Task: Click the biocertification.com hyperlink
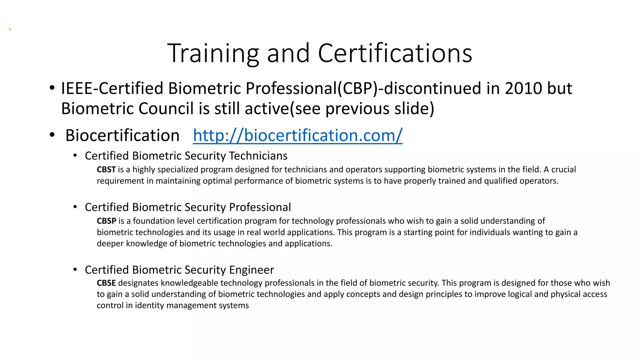[297, 136]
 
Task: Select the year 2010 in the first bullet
[523, 88]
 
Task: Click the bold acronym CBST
[106, 170]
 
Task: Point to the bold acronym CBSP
[107, 221]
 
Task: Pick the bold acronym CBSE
[106, 283]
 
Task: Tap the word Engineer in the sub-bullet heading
[252, 270]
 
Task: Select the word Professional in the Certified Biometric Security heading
[260, 207]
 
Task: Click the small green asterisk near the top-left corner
[10, 30]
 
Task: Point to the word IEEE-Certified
[112, 88]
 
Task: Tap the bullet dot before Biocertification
[52, 135]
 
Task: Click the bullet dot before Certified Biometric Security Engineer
[75, 269]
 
